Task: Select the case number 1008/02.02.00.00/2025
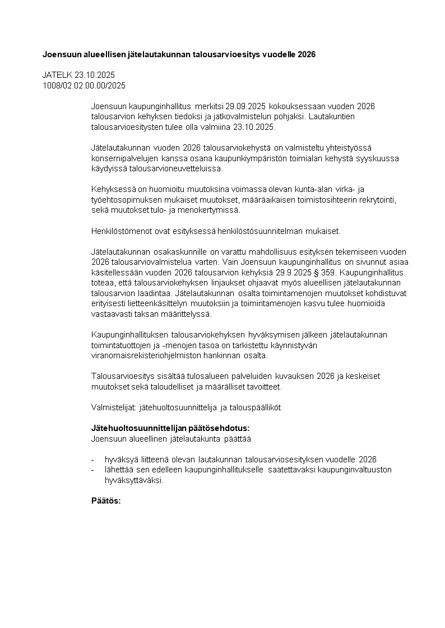tap(84, 85)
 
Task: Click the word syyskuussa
tap(381, 158)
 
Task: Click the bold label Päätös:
tap(106, 500)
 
